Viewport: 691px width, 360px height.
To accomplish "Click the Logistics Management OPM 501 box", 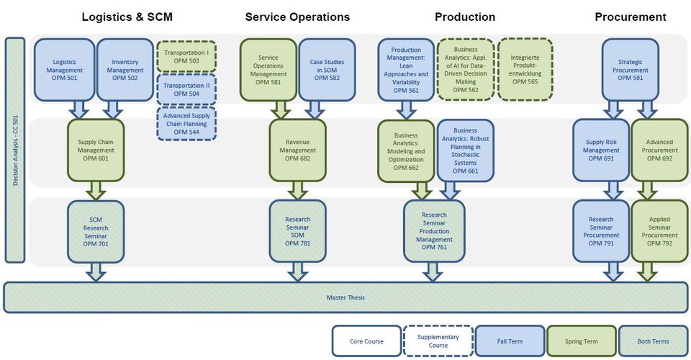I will coord(64,70).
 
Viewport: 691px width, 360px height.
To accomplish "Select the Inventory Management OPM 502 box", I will coord(125,70).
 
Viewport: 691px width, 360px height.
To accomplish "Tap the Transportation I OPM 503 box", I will coord(186,57).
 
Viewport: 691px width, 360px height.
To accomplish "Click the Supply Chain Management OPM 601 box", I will coord(96,150).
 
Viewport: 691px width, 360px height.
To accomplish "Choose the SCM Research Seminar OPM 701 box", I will coord(96,232).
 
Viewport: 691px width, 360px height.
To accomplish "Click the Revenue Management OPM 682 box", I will coord(297,150).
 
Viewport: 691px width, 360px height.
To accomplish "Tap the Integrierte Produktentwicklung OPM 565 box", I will coord(525,70).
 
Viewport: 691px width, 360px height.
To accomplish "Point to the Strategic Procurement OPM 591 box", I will coord(630,70).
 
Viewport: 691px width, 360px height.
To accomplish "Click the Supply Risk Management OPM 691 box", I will coord(601,150).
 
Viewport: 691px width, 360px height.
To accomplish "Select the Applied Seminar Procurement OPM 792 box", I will coord(659,232).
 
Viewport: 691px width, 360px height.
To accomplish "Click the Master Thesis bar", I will coord(345,297).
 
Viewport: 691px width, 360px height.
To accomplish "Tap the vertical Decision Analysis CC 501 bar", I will coord(15,150).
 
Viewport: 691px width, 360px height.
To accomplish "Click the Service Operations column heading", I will coord(297,17).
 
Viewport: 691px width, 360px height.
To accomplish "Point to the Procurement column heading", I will coord(631,17).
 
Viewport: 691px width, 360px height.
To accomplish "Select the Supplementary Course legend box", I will coord(438,341).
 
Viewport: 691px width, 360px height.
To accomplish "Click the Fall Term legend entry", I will coord(510,341).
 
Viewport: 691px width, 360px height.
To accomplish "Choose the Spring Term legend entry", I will coord(581,341).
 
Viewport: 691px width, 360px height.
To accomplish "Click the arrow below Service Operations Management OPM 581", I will coord(278,109).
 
